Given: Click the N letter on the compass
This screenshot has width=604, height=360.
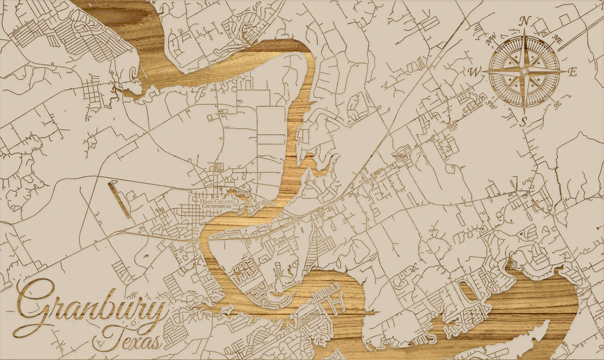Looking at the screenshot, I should click(x=525, y=21).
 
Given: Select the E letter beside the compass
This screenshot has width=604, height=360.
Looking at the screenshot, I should click(x=572, y=72).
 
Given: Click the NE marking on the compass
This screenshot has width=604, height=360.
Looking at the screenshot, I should click(x=557, y=38).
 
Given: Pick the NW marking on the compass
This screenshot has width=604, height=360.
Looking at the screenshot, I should click(x=492, y=39).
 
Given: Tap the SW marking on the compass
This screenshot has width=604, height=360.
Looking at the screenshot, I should click(x=492, y=104).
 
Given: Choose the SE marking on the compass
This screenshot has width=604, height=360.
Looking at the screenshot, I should click(x=556, y=105).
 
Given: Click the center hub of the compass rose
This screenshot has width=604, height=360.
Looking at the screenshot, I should click(x=524, y=72).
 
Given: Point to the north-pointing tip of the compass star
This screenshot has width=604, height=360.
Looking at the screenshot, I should click(x=524, y=32).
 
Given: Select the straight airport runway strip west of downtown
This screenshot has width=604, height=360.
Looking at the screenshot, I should click(x=119, y=199).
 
